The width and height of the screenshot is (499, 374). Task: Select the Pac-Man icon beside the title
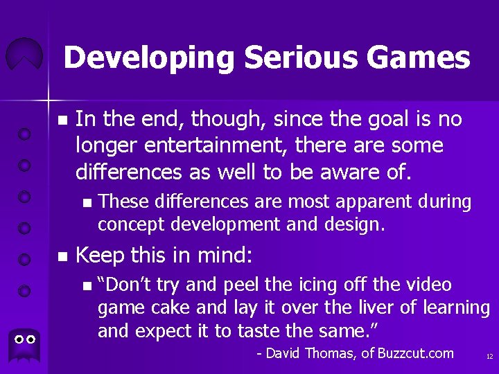[24, 55]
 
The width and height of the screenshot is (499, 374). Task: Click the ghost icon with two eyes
[25, 341]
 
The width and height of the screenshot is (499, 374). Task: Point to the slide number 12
[489, 357]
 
